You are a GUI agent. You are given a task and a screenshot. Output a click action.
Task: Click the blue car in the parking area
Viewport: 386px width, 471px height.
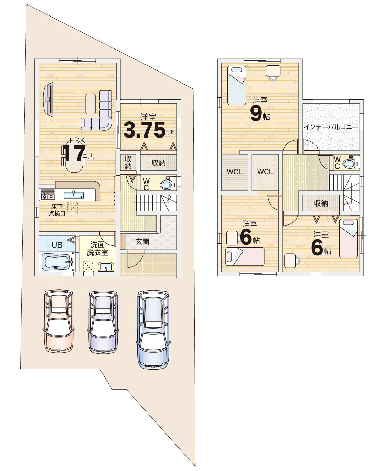[153, 329]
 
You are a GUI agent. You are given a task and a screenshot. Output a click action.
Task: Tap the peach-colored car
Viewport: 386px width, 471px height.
[58, 321]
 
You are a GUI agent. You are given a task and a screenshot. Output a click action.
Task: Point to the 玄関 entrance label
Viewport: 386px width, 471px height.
[142, 242]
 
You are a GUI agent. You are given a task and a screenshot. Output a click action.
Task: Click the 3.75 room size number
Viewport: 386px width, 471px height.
[144, 130]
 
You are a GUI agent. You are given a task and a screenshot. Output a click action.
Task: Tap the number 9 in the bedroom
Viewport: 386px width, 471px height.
[256, 115]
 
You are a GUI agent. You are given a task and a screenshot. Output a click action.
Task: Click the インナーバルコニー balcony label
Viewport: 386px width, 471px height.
[331, 127]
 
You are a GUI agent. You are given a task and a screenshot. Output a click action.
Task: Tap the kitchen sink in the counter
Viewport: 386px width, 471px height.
[74, 195]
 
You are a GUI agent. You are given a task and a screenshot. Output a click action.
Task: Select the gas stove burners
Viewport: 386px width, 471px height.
[48, 195]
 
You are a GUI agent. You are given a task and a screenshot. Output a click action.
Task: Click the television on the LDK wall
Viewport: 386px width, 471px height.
[48, 99]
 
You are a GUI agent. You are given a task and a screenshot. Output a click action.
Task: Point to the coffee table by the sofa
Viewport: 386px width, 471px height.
[90, 104]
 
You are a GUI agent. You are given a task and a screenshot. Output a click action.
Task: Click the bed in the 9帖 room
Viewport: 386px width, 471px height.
[237, 85]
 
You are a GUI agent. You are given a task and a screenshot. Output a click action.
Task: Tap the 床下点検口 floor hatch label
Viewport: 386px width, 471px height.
[57, 210]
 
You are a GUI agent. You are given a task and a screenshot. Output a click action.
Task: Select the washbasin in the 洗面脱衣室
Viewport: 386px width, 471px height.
[106, 266]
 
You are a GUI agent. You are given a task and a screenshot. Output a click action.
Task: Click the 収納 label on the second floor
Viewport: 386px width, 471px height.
[321, 204]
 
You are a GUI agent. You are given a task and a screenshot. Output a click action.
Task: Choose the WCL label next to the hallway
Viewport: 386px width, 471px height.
[265, 172]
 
